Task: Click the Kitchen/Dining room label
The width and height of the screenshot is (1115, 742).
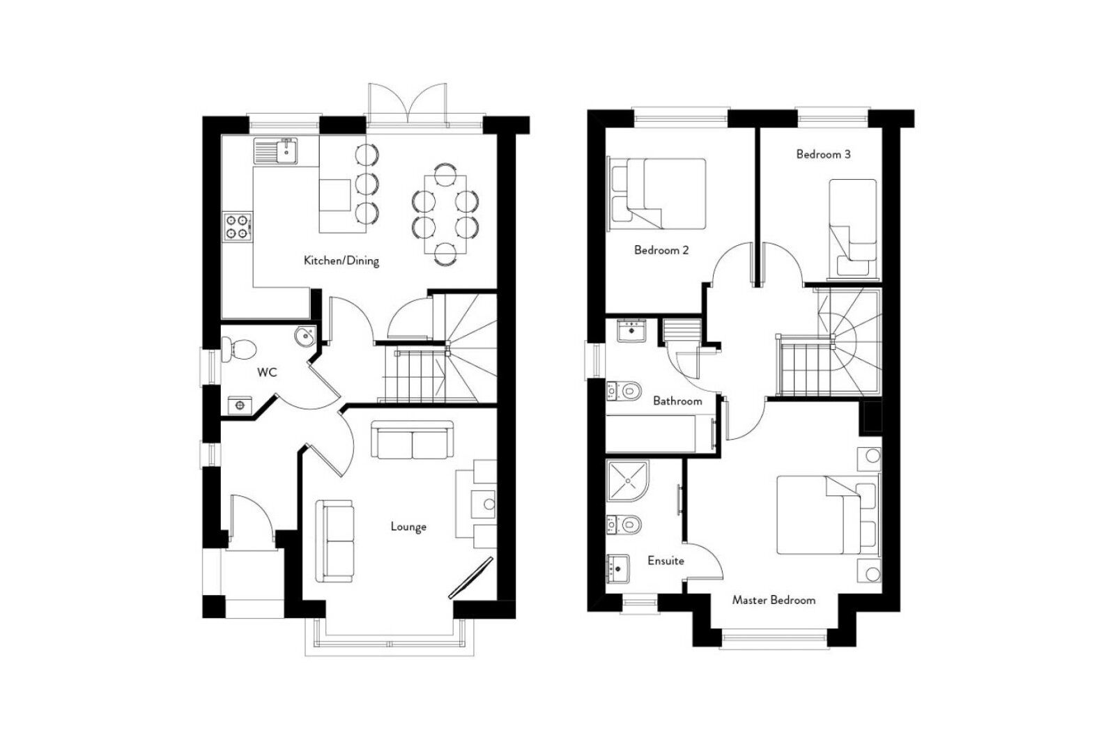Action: click(x=341, y=261)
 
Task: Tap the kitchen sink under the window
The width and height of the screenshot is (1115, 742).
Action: click(x=277, y=151)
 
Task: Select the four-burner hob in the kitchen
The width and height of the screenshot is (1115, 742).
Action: click(x=236, y=226)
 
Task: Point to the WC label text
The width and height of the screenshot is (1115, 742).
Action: click(x=267, y=373)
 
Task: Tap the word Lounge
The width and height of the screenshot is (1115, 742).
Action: click(x=408, y=527)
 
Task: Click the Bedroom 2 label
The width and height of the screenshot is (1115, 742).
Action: click(x=661, y=250)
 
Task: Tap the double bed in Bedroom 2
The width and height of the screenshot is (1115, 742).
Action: click(x=659, y=193)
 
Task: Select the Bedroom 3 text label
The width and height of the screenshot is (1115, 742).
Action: click(x=823, y=155)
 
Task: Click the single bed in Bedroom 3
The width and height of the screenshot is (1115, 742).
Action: click(x=853, y=226)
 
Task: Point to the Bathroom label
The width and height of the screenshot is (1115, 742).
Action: click(x=677, y=401)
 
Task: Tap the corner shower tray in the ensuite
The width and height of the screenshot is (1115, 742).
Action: click(x=629, y=481)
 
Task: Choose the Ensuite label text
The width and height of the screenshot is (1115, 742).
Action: click(x=666, y=561)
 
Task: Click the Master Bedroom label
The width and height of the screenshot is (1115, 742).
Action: click(x=774, y=600)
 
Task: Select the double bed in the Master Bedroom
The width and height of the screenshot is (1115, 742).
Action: click(x=826, y=516)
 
